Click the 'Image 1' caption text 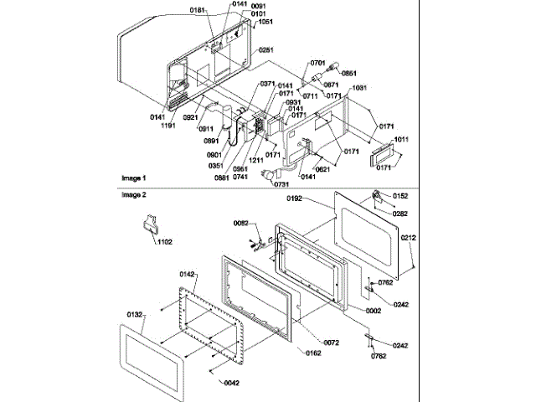[132, 178]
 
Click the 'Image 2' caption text [132, 195]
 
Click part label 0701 [317, 63]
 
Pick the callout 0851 [348, 73]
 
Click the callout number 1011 [400, 139]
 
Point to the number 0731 [283, 183]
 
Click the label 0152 [400, 196]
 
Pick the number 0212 [408, 238]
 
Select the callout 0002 [374, 311]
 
